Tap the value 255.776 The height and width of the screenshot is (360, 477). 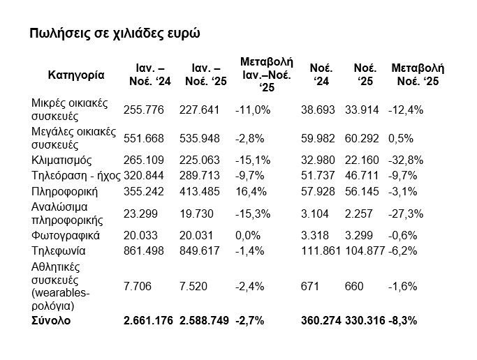143,110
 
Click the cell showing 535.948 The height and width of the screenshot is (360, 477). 200,135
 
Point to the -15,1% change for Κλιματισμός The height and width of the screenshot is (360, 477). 252,160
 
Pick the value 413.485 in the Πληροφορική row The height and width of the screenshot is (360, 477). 200,190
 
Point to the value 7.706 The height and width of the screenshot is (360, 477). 138,287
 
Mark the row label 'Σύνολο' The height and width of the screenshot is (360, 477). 51,321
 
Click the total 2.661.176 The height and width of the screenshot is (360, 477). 148,321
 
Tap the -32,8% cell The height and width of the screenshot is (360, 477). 406,160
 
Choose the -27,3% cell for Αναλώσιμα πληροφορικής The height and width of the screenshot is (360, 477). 406,213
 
